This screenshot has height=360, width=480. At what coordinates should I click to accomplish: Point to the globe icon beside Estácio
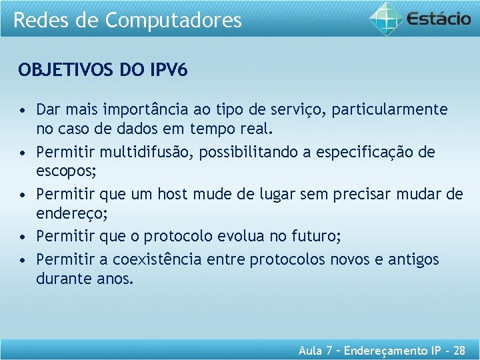387,18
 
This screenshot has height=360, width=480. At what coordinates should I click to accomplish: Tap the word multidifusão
151,152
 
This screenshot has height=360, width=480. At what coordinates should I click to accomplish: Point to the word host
173,194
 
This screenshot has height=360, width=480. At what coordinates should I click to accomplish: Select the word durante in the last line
61,278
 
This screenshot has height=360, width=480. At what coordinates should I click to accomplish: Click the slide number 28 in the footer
459,350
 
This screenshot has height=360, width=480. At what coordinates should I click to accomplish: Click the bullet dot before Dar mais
23,109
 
